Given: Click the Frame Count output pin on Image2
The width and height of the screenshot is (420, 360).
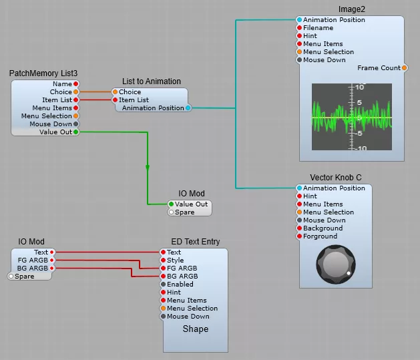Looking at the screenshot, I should [x=405, y=68].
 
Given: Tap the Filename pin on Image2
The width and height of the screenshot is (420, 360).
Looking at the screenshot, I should [x=299, y=28].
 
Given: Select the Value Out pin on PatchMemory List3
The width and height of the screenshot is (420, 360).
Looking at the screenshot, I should [x=76, y=132].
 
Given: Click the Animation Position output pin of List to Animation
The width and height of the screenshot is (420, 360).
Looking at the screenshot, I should [x=188, y=108].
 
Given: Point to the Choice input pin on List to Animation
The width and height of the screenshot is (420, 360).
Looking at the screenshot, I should [x=115, y=92].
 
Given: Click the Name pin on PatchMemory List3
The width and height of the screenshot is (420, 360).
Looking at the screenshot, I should [x=76, y=84].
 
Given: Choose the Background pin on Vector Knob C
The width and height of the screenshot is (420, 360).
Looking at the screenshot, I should [x=299, y=228].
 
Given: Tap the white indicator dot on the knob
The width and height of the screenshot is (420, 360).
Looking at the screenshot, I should [x=349, y=273].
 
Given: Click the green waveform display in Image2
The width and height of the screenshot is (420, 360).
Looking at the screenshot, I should [x=352, y=117].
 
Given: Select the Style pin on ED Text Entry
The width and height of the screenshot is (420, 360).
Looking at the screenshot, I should [x=161, y=260].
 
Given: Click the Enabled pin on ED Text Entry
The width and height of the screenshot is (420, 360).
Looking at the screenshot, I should [x=161, y=285].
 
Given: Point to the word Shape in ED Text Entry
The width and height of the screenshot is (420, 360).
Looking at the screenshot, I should [x=196, y=329].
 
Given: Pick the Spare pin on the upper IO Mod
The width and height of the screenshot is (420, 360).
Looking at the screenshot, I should [x=171, y=212].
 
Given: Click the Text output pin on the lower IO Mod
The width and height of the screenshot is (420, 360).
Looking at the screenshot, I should [x=53, y=252].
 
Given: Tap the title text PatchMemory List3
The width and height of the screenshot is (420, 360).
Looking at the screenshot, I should [x=44, y=73].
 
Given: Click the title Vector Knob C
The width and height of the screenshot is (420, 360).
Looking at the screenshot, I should [x=336, y=178].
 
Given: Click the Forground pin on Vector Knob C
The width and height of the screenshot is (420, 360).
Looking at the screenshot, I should [x=299, y=236].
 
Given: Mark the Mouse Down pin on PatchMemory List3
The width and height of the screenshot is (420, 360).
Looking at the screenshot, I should [x=76, y=124].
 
